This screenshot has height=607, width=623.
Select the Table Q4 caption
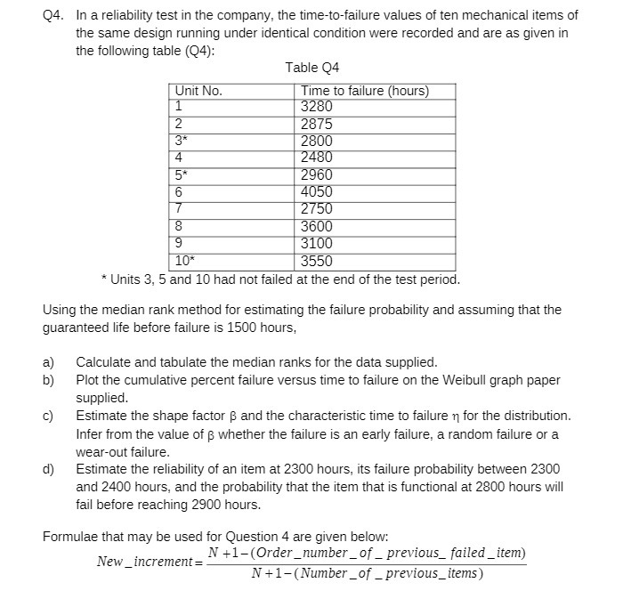(311, 69)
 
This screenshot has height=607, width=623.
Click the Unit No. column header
(198, 91)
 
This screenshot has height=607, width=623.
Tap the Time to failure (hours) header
(365, 91)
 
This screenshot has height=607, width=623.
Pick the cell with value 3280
(317, 107)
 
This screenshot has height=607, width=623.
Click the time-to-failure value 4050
(317, 191)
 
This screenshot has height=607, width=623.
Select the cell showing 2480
(317, 158)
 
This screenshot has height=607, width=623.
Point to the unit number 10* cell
(184, 261)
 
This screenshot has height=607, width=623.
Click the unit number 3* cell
(181, 142)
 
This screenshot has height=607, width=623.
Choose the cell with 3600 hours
(317, 226)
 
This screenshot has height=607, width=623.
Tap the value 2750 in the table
(317, 208)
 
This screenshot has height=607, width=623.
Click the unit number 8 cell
(179, 226)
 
